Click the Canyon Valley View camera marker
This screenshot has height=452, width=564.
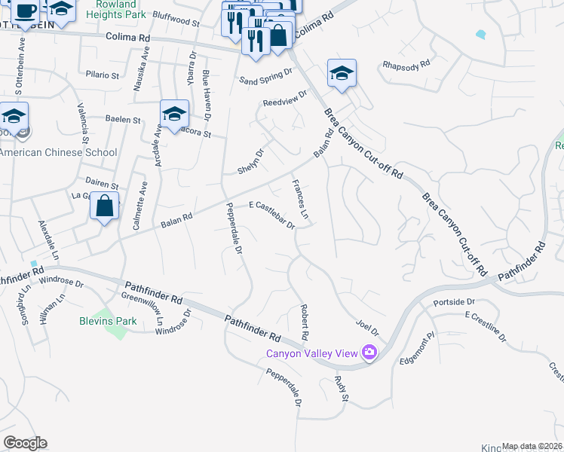(x=369, y=352)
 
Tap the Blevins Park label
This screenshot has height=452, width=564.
(x=108, y=320)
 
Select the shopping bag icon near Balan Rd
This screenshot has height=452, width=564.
(x=106, y=206)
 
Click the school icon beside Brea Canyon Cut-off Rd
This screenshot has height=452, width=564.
(x=342, y=74)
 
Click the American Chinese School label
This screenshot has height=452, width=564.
(x=59, y=152)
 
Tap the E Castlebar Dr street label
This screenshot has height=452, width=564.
(x=271, y=215)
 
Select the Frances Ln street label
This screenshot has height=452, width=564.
(x=300, y=199)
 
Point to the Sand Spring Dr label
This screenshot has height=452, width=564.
(x=265, y=77)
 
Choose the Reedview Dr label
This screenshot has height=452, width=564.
(x=285, y=99)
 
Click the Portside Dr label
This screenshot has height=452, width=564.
(x=453, y=303)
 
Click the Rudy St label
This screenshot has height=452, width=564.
(x=339, y=387)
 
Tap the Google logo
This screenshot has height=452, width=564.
(x=25, y=443)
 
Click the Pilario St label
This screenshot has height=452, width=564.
(x=103, y=75)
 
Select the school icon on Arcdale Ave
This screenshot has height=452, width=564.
(x=174, y=115)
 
